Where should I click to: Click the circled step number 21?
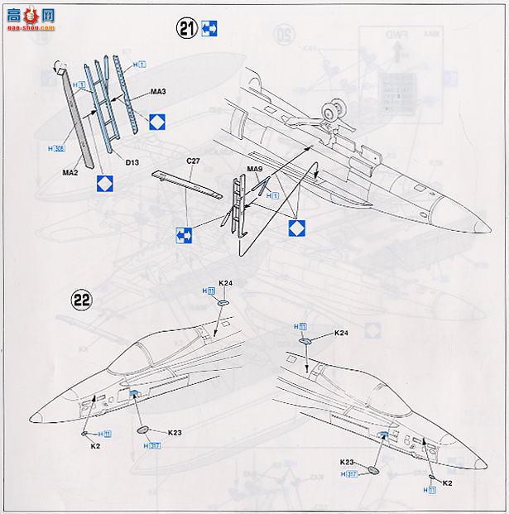point(186,29)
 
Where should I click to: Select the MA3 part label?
point(155,91)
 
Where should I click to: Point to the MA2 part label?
point(70,172)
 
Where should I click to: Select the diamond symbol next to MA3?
point(158,125)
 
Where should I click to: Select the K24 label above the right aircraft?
point(341,333)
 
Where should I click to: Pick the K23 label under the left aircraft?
point(175,432)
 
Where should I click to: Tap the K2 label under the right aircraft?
point(448,482)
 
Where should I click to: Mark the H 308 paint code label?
point(56,148)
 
